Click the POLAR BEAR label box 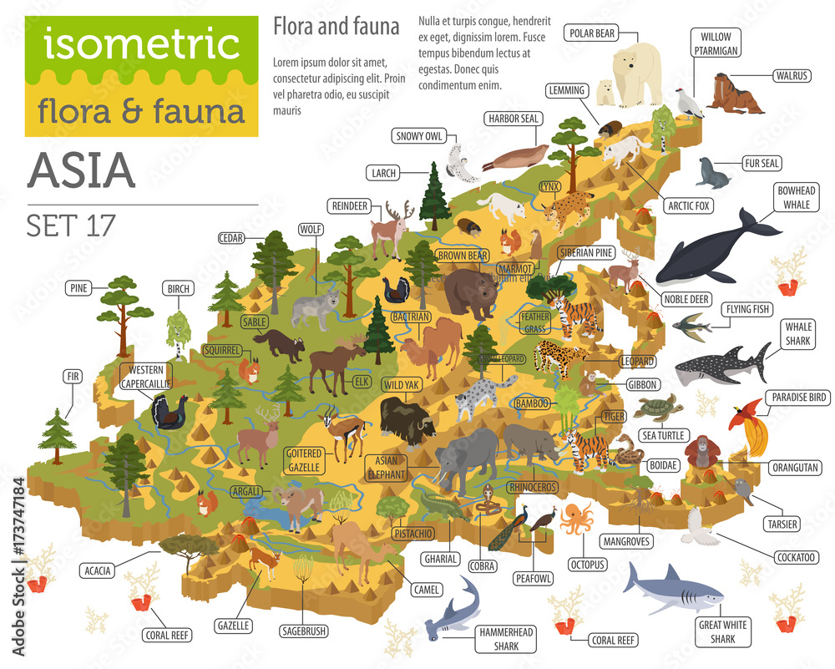592,33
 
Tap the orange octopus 575,519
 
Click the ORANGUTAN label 793,467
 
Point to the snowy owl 462,162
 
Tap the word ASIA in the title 81,170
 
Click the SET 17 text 71,225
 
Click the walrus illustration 735,94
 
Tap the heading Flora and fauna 337,27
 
